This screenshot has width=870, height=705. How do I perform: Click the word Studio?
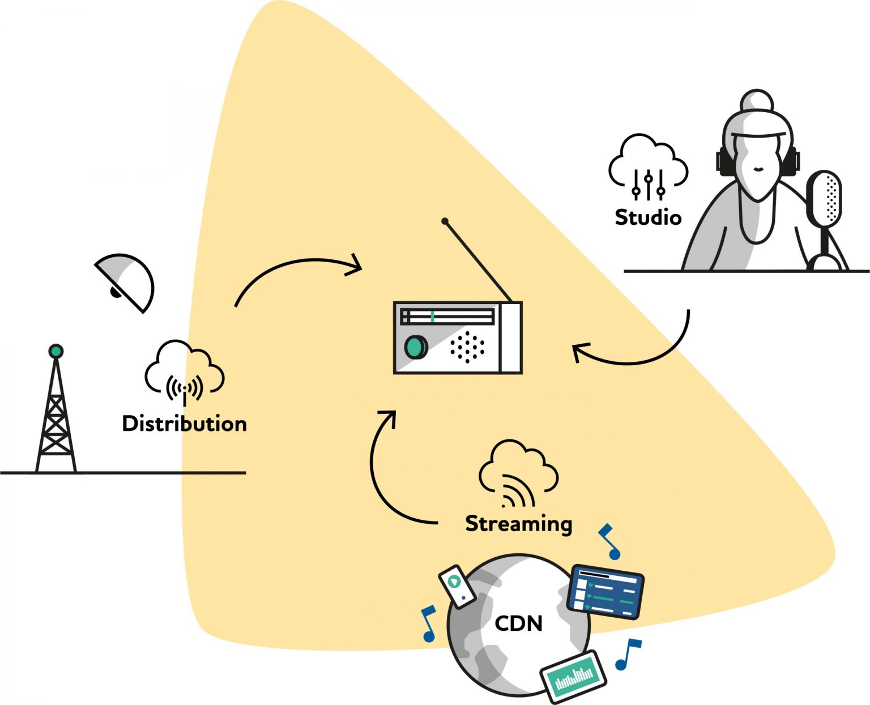(648, 217)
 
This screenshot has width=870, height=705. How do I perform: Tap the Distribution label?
(184, 424)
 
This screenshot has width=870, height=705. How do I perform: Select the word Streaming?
(518, 523)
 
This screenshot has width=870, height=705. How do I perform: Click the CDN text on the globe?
(518, 623)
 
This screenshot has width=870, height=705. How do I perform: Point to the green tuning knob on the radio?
(416, 347)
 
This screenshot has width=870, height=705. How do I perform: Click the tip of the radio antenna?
(445, 221)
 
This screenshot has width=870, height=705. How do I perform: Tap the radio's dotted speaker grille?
(467, 347)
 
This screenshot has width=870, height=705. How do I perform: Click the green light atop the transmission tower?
(56, 351)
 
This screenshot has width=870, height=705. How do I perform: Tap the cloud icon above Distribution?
(184, 371)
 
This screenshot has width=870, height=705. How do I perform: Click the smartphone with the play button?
(458, 586)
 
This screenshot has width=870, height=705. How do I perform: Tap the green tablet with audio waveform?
(573, 675)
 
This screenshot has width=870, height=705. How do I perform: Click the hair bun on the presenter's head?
(757, 102)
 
